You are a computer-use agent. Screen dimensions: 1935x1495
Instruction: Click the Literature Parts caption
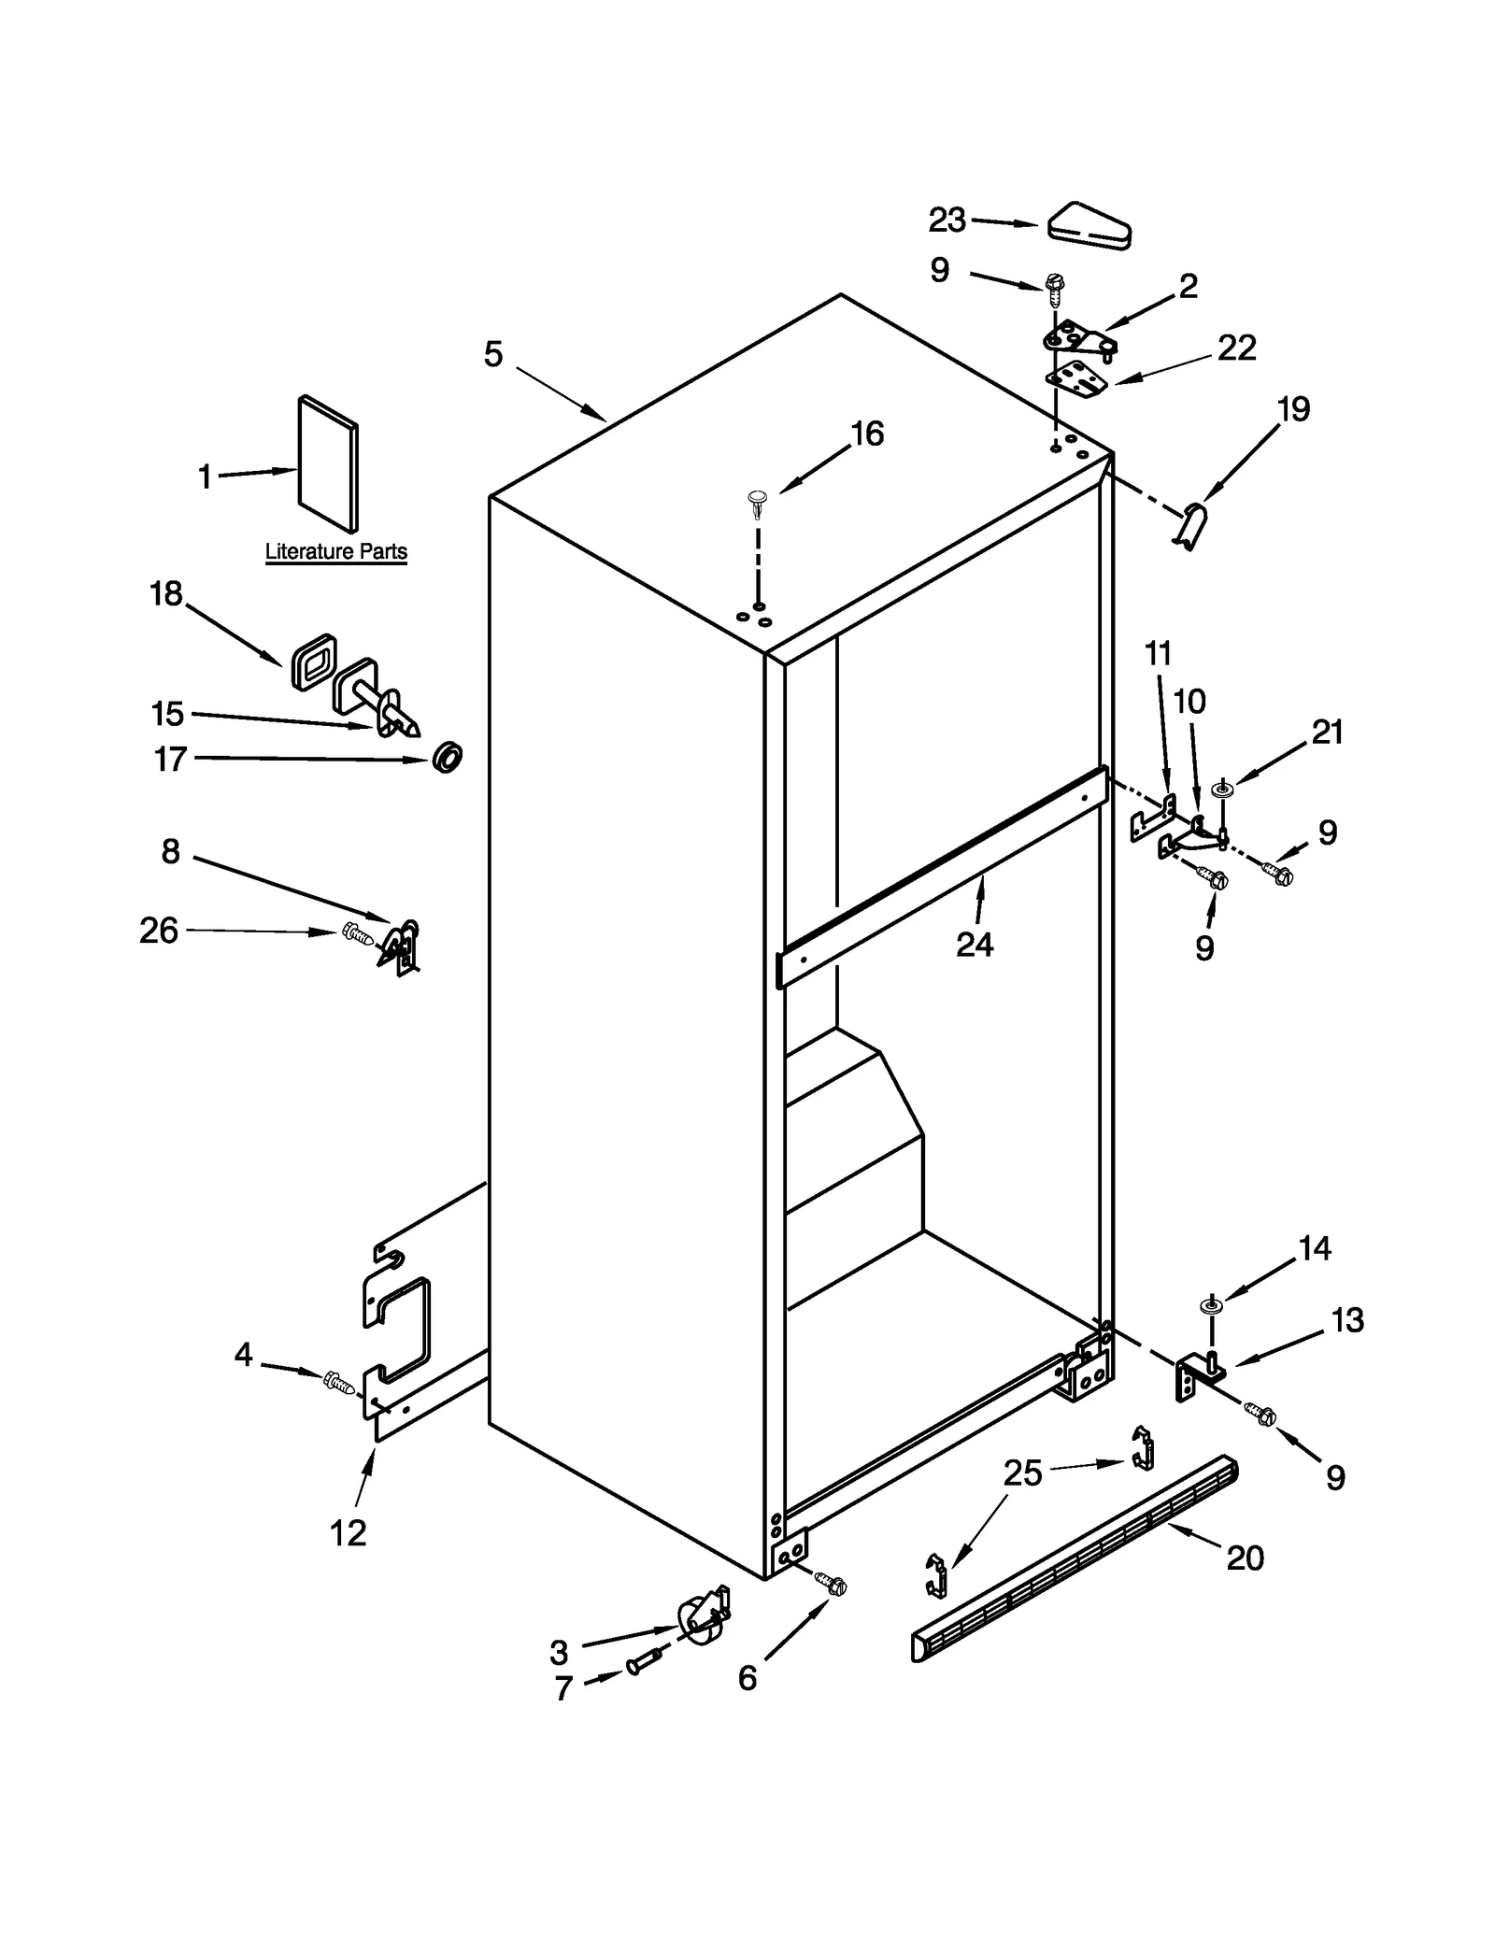pyautogui.click(x=335, y=551)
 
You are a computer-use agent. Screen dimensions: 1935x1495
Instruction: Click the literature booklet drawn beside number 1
pyautogui.click(x=327, y=464)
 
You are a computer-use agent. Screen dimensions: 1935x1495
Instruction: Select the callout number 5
pyautogui.click(x=493, y=354)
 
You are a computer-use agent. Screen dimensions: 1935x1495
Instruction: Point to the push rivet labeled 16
pyautogui.click(x=756, y=505)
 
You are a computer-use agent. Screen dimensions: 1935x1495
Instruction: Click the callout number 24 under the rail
pyautogui.click(x=974, y=945)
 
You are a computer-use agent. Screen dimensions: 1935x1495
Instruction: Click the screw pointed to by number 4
pyautogui.click(x=337, y=1381)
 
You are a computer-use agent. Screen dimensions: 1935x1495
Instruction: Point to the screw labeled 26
pyautogui.click(x=358, y=933)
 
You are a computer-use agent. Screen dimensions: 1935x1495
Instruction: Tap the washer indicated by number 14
pyautogui.click(x=1211, y=1306)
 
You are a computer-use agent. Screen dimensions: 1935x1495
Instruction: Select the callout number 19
pyautogui.click(x=1293, y=409)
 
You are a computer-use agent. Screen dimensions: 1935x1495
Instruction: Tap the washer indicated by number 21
pyautogui.click(x=1221, y=790)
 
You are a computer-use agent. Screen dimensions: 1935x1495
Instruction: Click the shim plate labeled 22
pyautogui.click(x=1076, y=377)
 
